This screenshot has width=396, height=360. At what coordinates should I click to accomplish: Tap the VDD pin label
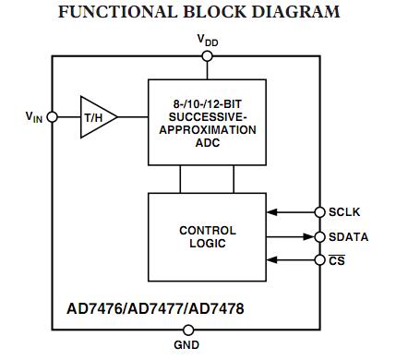click(x=207, y=40)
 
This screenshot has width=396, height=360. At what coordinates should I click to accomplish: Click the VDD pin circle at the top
click(x=207, y=55)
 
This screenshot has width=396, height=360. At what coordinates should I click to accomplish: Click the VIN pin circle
click(x=53, y=117)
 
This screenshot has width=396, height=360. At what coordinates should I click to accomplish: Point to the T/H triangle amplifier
click(x=96, y=117)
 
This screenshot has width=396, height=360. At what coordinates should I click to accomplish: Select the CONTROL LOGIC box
click(x=207, y=236)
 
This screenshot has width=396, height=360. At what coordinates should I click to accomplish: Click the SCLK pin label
click(x=345, y=212)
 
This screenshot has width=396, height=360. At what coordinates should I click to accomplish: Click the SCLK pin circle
click(x=320, y=212)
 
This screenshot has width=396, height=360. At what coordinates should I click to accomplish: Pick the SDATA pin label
click(x=348, y=237)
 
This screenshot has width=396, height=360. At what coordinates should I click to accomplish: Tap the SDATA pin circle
click(x=320, y=237)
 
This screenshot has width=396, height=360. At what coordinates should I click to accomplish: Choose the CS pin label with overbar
click(x=337, y=261)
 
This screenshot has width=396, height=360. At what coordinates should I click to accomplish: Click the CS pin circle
click(x=320, y=261)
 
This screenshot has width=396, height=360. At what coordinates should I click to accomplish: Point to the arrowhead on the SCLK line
click(x=272, y=212)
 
